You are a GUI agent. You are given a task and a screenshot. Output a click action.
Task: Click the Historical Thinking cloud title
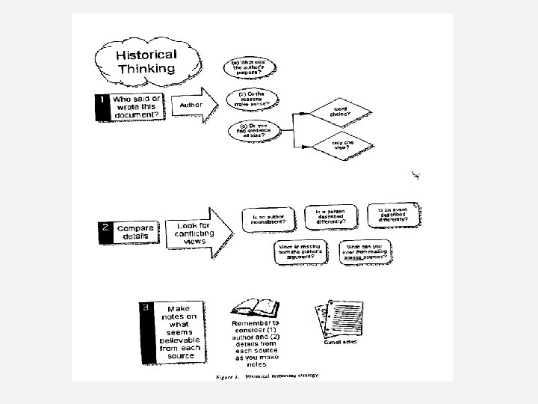pyautogui.click(x=146, y=62)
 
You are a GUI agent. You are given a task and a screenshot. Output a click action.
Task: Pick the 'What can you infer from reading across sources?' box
pyautogui.click(x=366, y=251)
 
